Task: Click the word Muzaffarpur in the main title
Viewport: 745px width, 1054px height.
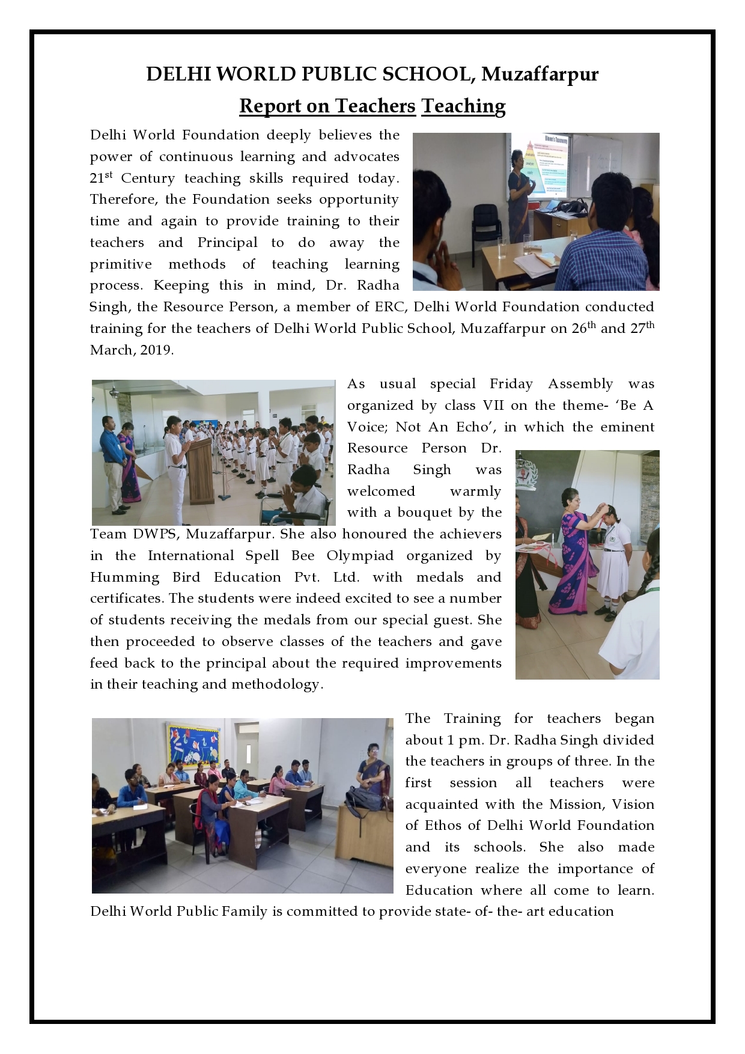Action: pos(540,74)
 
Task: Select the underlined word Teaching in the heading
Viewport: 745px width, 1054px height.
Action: pos(463,106)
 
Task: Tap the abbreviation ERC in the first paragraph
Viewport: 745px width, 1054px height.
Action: pos(389,307)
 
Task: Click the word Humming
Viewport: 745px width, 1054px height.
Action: pos(124,577)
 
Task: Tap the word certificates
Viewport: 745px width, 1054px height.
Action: pos(126,599)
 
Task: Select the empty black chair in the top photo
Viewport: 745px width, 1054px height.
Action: pos(485,227)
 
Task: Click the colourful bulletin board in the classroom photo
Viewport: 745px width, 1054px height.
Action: pos(193,748)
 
